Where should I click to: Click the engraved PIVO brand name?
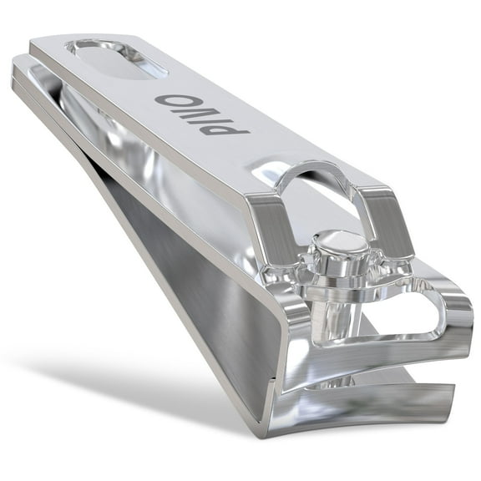tap(200, 114)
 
